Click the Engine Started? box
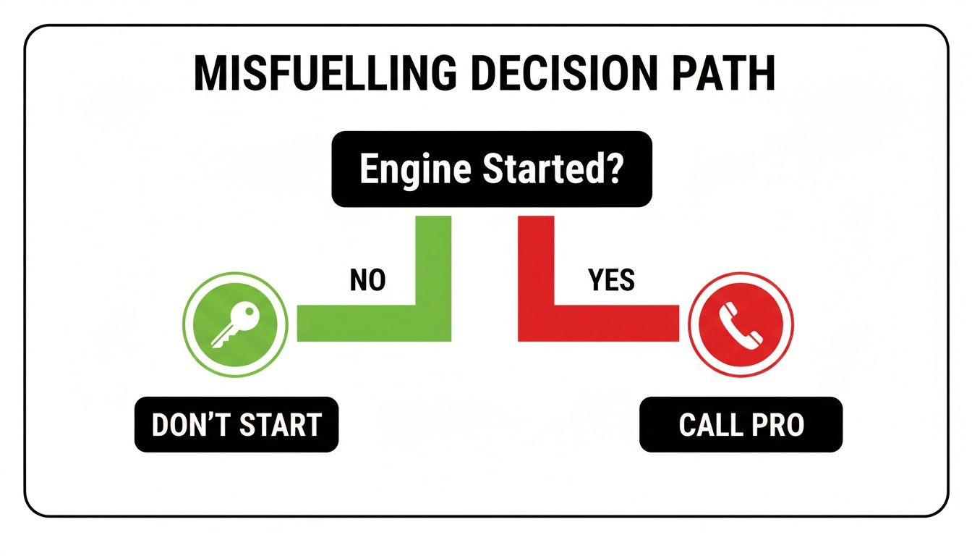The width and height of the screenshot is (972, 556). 492,169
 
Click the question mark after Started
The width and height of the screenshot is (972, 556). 613,169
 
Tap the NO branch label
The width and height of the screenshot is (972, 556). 367,280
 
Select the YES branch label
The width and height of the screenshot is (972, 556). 611,280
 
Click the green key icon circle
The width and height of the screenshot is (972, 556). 235,323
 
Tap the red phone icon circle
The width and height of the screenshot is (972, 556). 741,323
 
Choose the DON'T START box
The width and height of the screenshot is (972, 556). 236,425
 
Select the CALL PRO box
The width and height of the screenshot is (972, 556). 741,425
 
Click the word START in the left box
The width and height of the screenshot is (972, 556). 278,425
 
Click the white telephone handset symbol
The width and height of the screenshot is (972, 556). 741,324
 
